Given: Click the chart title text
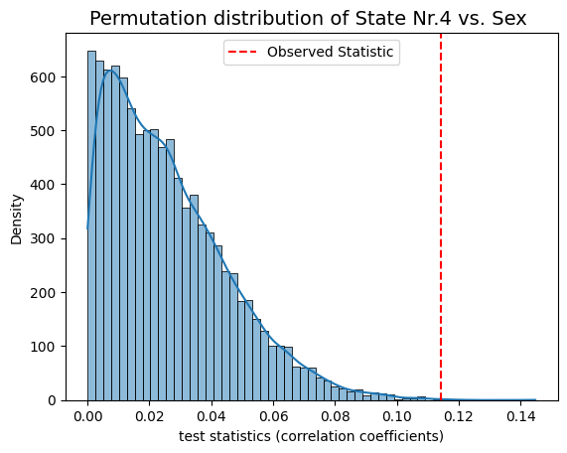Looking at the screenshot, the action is [x=308, y=19].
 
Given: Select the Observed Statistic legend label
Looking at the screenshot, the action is [x=330, y=52].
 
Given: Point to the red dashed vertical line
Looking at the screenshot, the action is [x=441, y=218].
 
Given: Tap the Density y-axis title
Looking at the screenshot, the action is [x=16, y=220].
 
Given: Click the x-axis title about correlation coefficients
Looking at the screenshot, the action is [x=311, y=436].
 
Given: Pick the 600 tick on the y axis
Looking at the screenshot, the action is [x=43, y=77].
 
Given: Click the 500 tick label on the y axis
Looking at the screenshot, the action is [x=43, y=131].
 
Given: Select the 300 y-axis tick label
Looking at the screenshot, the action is [x=43, y=238].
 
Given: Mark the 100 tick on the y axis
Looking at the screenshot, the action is [x=43, y=347].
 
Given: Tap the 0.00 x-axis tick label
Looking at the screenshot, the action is [x=87, y=417].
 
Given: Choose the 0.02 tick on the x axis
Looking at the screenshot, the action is [x=150, y=417].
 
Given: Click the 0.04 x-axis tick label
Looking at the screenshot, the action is [x=212, y=417].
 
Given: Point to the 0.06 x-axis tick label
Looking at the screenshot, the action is [x=273, y=417].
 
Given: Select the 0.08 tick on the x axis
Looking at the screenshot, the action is [x=336, y=417].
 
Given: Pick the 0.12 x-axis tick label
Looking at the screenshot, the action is [x=459, y=417].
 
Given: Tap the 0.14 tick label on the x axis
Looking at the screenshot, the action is [x=520, y=417].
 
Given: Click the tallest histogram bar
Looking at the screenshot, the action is [x=91, y=226].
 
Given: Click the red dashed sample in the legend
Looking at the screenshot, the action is [x=242, y=52].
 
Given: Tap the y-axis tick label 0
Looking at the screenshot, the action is [x=52, y=400].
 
